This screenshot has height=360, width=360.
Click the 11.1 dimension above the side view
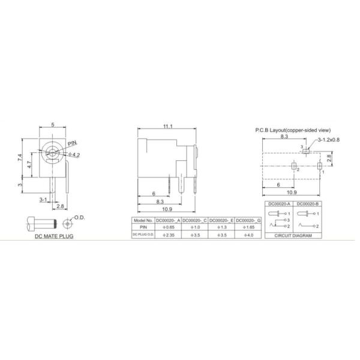pos(167,126)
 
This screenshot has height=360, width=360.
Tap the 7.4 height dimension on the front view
pos(20,160)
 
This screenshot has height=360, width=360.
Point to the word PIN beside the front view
pos(72,144)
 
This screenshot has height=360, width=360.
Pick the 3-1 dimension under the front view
pos(44,198)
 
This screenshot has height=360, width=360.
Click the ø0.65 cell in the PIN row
pos(169,227)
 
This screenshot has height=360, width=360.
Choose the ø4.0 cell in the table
pos(247,235)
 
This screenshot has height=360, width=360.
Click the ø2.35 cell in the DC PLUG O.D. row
pos(169,235)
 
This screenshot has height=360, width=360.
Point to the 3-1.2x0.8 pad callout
pos(329,140)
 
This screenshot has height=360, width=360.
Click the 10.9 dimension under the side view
pos(167,209)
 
